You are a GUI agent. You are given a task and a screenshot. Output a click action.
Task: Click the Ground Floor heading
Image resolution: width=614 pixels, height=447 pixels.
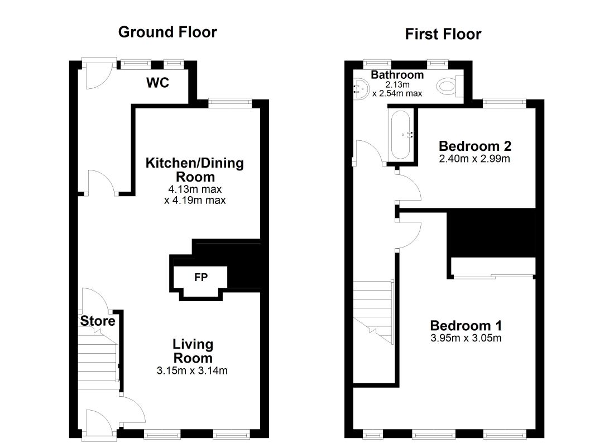click(167, 32)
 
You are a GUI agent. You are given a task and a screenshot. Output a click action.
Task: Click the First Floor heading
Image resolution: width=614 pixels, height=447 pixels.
click(443, 34)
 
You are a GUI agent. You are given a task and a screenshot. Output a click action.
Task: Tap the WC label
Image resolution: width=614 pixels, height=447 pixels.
click(158, 83)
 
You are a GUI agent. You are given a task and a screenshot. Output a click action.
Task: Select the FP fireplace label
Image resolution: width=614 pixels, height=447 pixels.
click(201, 277)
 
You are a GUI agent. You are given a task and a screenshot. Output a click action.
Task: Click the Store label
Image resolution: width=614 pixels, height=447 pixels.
click(98, 321)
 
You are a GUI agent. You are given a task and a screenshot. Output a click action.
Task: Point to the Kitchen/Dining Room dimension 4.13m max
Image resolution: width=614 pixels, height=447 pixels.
click(195, 189)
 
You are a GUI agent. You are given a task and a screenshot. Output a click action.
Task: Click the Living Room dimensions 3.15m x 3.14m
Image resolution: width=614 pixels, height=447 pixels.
click(192, 370)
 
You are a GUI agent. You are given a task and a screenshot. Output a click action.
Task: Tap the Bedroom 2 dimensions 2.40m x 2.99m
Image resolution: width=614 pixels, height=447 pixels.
click(474, 159)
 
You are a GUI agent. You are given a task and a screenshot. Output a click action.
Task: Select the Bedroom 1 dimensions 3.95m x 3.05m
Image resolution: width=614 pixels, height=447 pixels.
click(466, 338)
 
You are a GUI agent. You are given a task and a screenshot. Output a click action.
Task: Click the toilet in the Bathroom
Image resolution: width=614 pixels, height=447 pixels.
click(449, 86)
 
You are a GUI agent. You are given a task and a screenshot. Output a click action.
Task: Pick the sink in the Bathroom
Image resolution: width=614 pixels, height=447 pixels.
click(361, 89)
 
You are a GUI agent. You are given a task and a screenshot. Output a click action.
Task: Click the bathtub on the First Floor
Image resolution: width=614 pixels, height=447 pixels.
click(401, 135)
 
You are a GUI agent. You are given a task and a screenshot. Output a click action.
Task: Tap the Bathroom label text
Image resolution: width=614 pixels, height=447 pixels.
click(397, 74)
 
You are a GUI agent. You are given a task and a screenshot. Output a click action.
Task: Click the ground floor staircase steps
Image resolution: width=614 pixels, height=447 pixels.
click(98, 362)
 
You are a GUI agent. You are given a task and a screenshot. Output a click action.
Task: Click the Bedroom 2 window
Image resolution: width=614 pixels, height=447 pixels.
click(504, 103)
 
